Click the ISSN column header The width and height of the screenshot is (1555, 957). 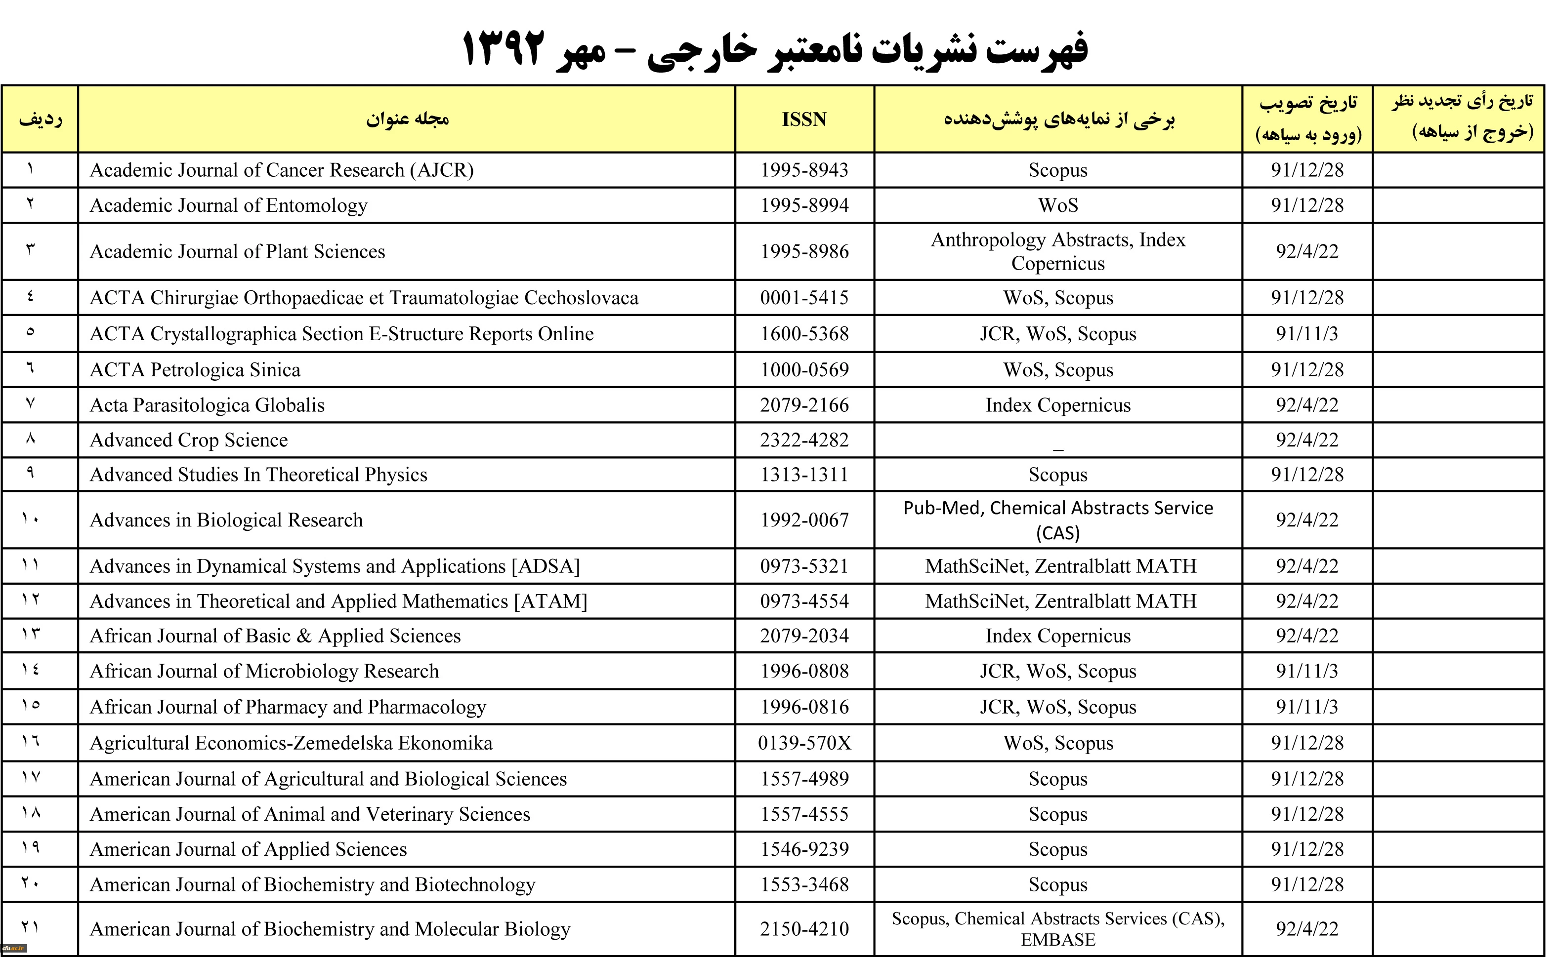[x=804, y=120]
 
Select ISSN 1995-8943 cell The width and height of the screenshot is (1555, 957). [x=804, y=170]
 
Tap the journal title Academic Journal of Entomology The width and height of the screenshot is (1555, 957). [x=229, y=206]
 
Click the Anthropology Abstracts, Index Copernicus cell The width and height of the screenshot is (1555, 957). [x=1057, y=251]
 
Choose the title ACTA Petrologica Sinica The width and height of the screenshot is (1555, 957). [x=195, y=370]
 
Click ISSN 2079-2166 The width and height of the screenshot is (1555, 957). [x=804, y=405]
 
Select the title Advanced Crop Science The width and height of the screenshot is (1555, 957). [x=189, y=440]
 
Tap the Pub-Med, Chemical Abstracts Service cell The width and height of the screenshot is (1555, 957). [x=1057, y=519]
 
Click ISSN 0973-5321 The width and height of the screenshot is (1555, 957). [x=804, y=566]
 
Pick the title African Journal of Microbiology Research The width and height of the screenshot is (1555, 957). [x=264, y=672]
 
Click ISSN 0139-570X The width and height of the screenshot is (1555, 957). [x=804, y=743]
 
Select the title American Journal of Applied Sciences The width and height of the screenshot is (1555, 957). [x=248, y=849]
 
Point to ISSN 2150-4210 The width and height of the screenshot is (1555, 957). [x=804, y=929]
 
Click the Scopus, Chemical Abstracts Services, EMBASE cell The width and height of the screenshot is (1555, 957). [x=1057, y=929]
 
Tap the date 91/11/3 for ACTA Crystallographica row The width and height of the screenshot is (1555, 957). [x=1307, y=334]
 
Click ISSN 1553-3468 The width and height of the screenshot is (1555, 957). [x=804, y=885]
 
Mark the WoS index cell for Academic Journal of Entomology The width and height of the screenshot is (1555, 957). [x=1057, y=206]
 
